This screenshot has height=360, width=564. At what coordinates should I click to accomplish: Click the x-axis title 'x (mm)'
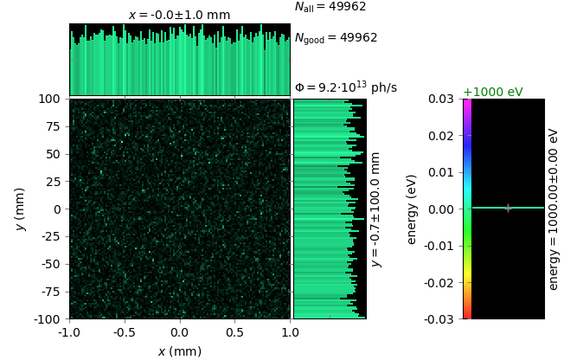(179, 350)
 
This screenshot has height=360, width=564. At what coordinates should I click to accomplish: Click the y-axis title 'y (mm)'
(21, 209)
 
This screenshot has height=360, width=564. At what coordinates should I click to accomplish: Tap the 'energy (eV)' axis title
(412, 209)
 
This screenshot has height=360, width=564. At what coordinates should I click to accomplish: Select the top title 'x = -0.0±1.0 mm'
(179, 15)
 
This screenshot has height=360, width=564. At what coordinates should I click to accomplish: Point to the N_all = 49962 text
(330, 7)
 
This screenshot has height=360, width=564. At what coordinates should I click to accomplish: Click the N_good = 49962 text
(336, 38)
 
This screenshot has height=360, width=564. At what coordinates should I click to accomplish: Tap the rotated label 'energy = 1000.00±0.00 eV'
(554, 209)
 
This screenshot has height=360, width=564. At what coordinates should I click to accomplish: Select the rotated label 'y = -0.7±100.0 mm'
(375, 209)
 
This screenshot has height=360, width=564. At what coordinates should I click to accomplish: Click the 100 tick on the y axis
(52, 99)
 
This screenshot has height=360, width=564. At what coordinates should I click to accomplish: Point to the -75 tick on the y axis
(52, 292)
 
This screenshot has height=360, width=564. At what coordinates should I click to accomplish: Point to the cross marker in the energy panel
(508, 208)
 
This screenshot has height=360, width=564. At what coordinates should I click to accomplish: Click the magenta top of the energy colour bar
(467, 104)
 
